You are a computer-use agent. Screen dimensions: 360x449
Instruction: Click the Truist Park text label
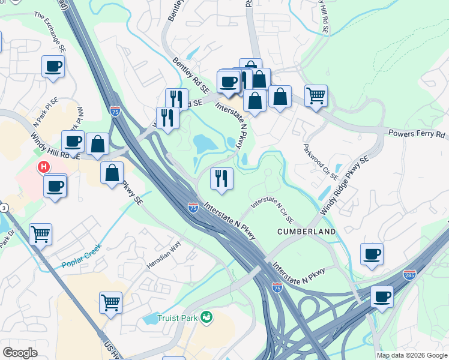coord(178,318)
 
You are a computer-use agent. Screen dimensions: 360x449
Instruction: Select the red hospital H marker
coord(43,167)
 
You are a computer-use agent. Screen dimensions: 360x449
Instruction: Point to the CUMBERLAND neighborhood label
coord(306,231)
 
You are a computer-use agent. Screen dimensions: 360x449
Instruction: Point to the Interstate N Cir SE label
coord(276,208)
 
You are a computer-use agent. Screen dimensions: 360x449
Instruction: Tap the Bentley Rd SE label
coord(190,75)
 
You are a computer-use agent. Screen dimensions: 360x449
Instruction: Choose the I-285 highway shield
coord(410,274)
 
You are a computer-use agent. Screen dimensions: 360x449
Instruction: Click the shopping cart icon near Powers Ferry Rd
coord(316,95)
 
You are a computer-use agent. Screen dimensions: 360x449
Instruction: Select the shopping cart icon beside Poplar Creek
coord(40,234)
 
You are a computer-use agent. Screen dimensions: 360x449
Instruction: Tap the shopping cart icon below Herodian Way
coord(111,302)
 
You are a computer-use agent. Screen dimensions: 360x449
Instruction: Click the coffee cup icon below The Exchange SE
coord(53,66)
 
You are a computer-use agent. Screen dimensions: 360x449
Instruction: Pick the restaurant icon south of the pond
coord(221,178)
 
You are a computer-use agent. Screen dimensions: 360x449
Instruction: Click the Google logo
coord(20,353)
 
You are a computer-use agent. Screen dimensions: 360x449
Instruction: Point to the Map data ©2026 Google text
coord(412,355)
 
